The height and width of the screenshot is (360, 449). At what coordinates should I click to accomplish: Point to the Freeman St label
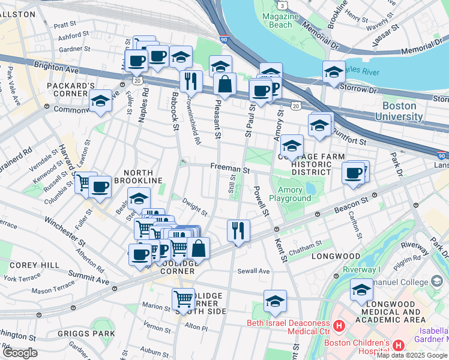[229, 170]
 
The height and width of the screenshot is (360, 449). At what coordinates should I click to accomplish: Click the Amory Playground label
[290, 193]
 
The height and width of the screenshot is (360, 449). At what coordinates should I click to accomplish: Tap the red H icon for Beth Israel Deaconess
[339, 326]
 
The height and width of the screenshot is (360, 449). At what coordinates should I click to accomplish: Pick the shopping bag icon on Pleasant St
[224, 85]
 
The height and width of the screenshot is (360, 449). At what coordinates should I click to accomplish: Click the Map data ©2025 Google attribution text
[412, 355]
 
